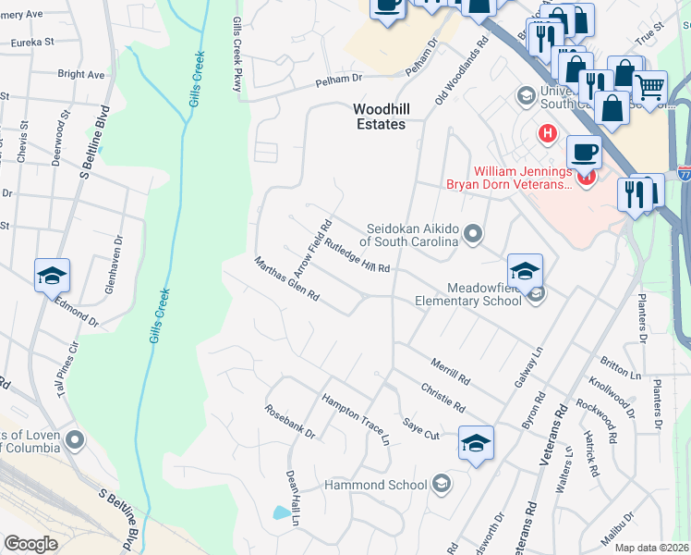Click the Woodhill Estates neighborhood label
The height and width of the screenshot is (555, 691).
tap(379, 117)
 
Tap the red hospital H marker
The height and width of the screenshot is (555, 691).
tap(548, 134)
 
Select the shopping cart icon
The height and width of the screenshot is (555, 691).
tap(650, 88)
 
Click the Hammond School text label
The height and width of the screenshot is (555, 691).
tap(375, 485)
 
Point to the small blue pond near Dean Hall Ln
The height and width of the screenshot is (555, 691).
tap(280, 512)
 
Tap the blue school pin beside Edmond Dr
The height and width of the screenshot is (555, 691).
tap(52, 275)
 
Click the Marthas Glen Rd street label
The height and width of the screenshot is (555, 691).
tap(286, 280)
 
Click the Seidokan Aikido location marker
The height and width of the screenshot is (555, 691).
tap(473, 233)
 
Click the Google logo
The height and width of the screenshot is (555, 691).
tap(30, 543)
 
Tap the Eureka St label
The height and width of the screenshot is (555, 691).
tap(32, 42)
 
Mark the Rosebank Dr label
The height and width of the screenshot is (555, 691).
tap(290, 422)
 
